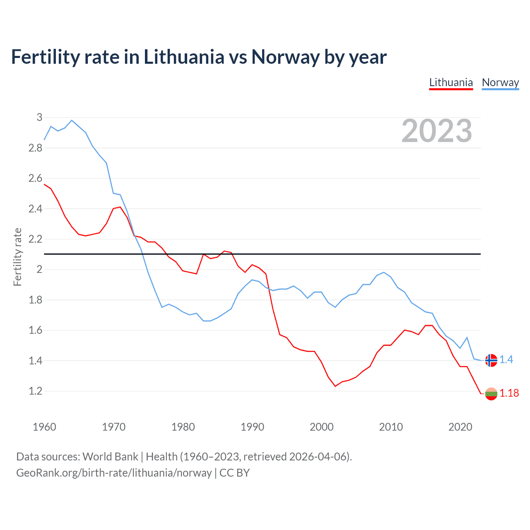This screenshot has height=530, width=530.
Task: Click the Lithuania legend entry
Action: (451, 82)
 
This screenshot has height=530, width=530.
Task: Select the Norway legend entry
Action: (500, 82)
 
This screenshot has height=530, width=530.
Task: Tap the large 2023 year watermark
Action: (436, 131)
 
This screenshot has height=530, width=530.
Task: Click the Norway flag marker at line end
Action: (491, 360)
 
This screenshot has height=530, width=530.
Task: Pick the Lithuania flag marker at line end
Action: (491, 394)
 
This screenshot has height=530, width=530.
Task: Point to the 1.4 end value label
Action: (506, 359)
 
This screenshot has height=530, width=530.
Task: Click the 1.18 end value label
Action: (509, 393)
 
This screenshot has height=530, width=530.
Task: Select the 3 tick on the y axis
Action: (39, 117)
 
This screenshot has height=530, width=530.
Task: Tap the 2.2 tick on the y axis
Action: (36, 239)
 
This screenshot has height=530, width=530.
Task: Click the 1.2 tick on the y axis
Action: (36, 391)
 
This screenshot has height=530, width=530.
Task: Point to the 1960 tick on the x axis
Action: (44, 427)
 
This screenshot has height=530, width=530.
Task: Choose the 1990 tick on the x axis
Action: (252, 427)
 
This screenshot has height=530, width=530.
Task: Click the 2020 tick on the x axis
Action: (460, 427)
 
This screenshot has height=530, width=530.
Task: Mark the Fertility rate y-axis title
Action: (17, 257)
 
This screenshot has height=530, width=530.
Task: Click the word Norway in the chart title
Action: (285, 57)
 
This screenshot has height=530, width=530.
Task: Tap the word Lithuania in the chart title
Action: (184, 57)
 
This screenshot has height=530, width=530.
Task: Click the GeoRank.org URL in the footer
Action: (114, 473)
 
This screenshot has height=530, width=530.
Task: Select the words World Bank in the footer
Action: (110, 457)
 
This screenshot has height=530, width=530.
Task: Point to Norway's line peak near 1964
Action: (72, 120)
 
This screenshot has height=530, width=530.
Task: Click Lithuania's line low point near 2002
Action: (335, 386)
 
